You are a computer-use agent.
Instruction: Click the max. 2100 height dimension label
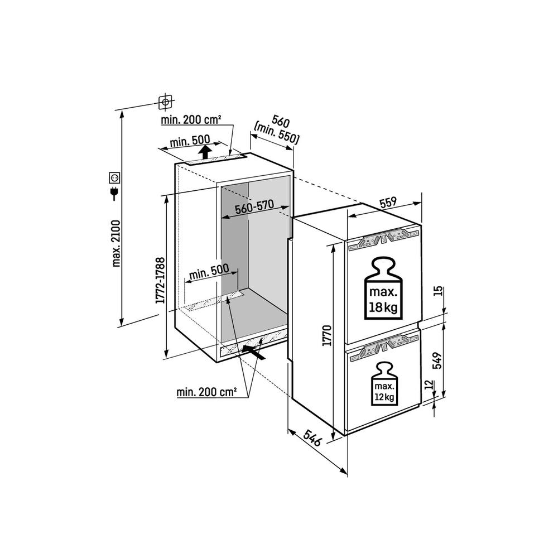coord(117,243)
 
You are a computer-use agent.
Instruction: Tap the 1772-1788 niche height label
coord(161,281)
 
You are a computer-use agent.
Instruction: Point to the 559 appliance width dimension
coord(388,203)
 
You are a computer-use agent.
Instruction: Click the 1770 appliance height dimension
coord(326,335)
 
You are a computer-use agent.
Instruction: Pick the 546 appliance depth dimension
coord(312,437)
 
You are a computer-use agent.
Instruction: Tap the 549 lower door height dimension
coord(437,360)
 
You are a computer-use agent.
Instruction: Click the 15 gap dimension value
coord(439,291)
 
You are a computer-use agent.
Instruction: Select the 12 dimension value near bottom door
coord(429,384)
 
